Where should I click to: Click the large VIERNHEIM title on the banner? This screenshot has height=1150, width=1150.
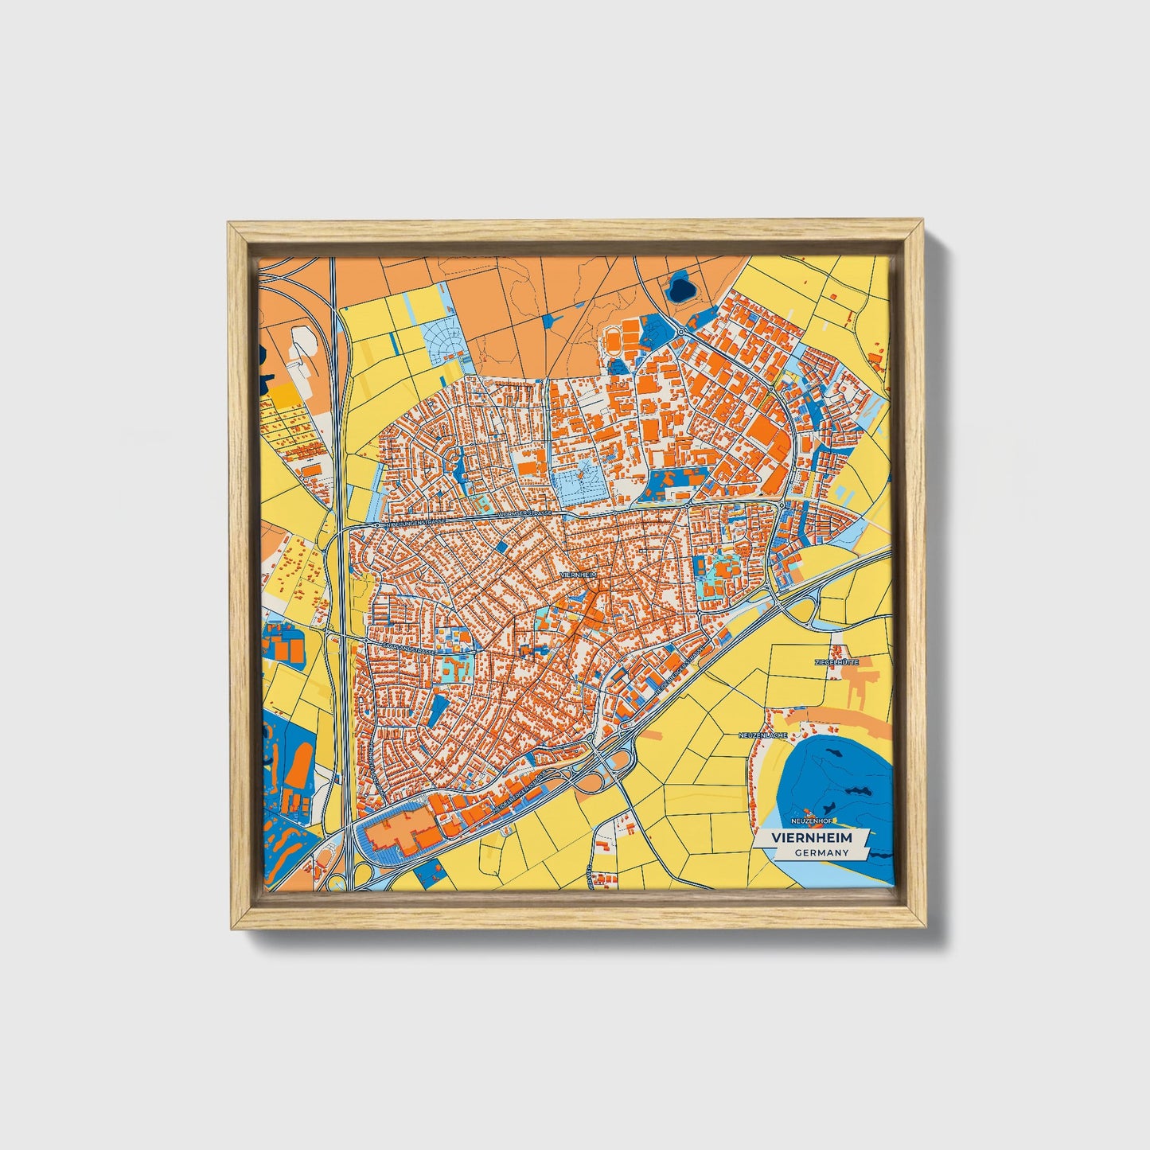[x=811, y=838]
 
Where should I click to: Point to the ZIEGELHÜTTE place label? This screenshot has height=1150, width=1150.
[x=836, y=661]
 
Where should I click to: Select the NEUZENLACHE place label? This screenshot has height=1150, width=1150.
[x=762, y=735]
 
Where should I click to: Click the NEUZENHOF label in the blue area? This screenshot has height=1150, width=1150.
[x=810, y=820]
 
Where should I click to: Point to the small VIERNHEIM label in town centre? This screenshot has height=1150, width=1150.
[x=578, y=574]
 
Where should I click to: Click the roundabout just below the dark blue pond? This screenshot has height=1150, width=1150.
[x=681, y=332]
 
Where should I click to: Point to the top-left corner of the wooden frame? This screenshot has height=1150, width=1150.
[x=231, y=225]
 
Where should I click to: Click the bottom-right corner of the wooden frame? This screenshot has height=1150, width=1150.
[x=925, y=926]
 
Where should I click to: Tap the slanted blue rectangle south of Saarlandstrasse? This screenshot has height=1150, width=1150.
[x=437, y=709]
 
